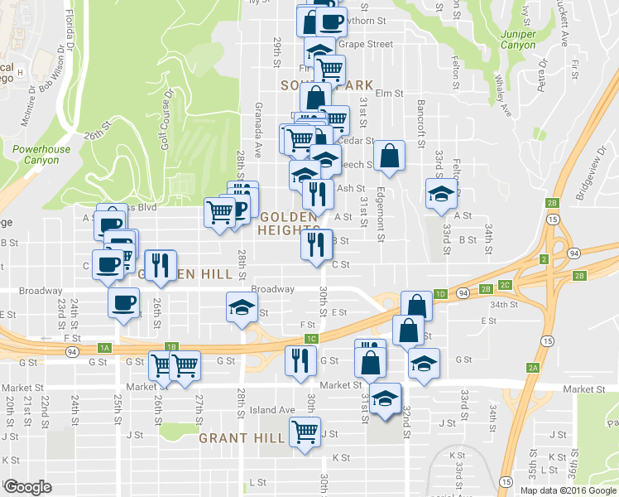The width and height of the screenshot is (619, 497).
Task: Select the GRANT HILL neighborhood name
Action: click(x=242, y=438)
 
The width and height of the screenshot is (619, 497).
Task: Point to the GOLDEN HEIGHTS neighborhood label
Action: click(x=288, y=223)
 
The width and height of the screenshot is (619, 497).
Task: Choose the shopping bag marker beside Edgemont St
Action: click(x=388, y=155)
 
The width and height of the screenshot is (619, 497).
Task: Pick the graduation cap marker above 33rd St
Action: click(x=441, y=195)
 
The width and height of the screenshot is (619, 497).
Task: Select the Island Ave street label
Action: click(x=273, y=409)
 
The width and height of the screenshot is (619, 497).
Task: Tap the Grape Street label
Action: click(x=364, y=44)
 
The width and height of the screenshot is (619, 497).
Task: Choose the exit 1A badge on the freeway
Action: click(x=104, y=347)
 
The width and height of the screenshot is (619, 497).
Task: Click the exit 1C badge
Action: click(x=311, y=339)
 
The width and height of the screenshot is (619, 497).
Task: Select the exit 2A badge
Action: click(x=533, y=367)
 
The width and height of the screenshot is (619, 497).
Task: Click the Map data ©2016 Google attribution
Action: click(x=568, y=490)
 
